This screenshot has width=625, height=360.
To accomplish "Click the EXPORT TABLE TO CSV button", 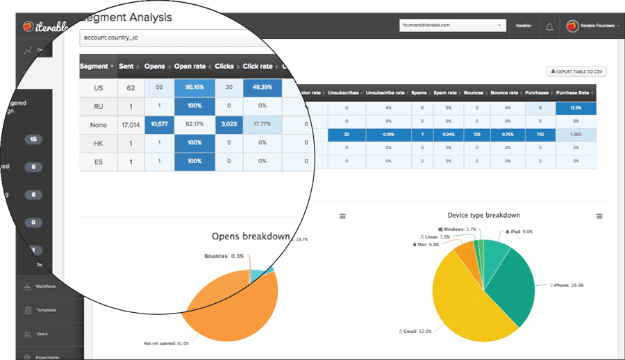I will [577, 71].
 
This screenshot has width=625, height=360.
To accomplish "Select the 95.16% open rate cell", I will [194, 88].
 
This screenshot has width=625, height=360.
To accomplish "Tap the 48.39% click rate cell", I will [262, 88].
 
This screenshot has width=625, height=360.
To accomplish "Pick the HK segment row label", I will [98, 143].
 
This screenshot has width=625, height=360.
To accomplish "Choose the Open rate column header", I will [190, 67].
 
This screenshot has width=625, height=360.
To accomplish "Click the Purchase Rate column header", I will [576, 92].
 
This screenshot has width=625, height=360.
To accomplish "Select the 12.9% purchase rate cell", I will [576, 108].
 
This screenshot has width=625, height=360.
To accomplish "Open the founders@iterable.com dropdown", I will [451, 26].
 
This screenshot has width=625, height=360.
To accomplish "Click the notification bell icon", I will [549, 27].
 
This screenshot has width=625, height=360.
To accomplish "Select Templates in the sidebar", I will [46, 310].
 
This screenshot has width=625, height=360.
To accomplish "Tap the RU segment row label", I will [98, 106].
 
